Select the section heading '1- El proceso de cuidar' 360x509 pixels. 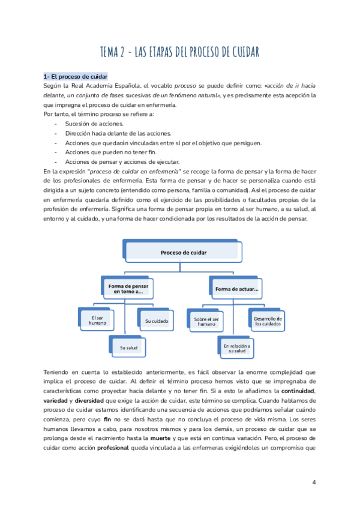click(75, 77)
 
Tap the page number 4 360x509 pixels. click(314, 482)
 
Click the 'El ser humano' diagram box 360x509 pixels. click(97, 320)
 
